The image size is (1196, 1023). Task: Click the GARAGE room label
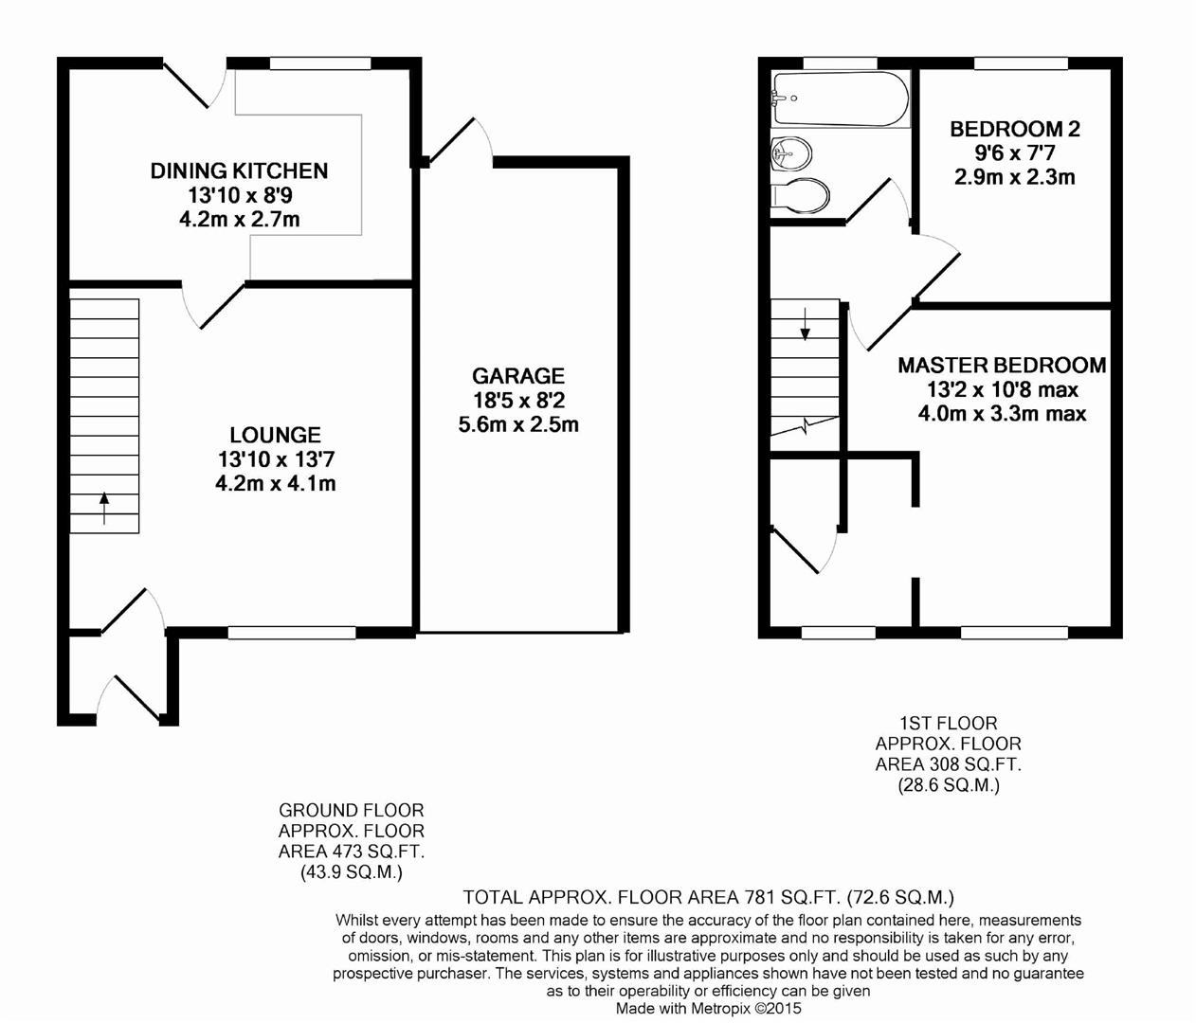pyautogui.click(x=517, y=376)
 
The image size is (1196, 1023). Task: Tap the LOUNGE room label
pyautogui.click(x=275, y=435)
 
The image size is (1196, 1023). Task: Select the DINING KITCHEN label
pyautogui.click(x=239, y=170)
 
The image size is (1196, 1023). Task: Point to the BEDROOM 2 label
pyautogui.click(x=1014, y=129)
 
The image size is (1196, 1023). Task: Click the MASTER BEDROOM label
pyautogui.click(x=1002, y=365)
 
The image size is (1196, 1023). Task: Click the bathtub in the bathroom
pyautogui.click(x=840, y=99)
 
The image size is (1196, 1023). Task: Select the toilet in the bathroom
pyautogui.click(x=801, y=195)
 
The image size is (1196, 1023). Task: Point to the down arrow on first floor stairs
pyautogui.click(x=806, y=323)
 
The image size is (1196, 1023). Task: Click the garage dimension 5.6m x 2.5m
pyautogui.click(x=517, y=424)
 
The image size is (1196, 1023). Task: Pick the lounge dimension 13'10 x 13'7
pyautogui.click(x=275, y=459)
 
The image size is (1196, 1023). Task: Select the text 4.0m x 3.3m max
pyautogui.click(x=1002, y=413)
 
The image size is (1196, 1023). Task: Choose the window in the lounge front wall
pyautogui.click(x=291, y=633)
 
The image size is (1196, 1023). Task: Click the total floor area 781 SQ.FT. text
pyautogui.click(x=708, y=897)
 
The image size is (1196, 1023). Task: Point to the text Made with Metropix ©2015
pyautogui.click(x=708, y=1009)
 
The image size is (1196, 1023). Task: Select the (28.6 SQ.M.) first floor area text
pyautogui.click(x=948, y=785)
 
